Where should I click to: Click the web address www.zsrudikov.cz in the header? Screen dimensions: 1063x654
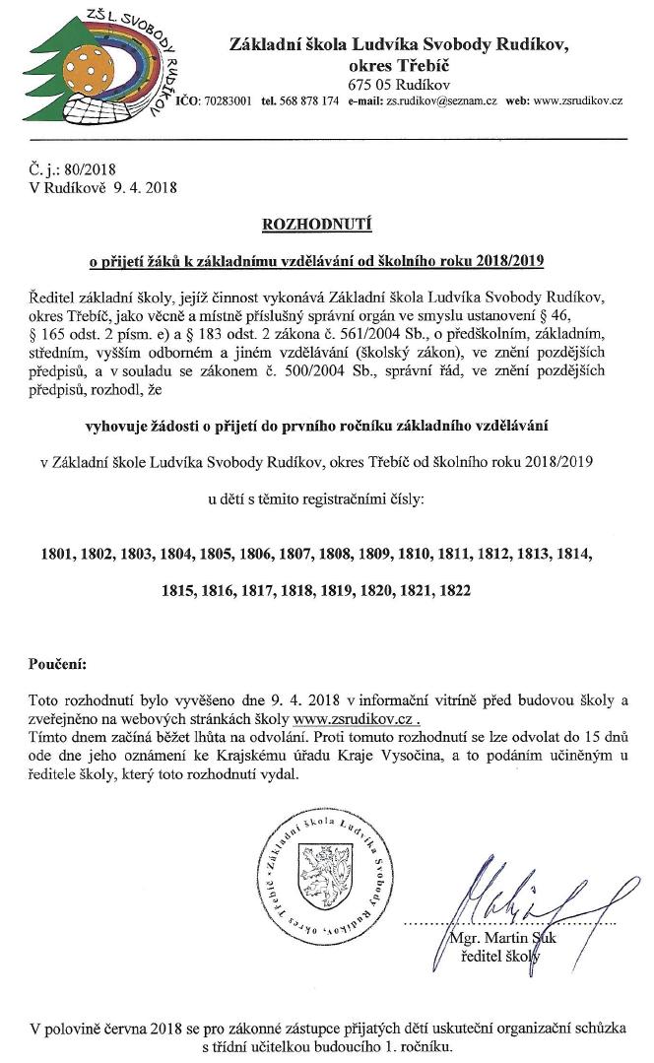[x=578, y=101]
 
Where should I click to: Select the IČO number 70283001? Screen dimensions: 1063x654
[x=229, y=101]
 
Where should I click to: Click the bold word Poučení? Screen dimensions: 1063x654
[x=58, y=665]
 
